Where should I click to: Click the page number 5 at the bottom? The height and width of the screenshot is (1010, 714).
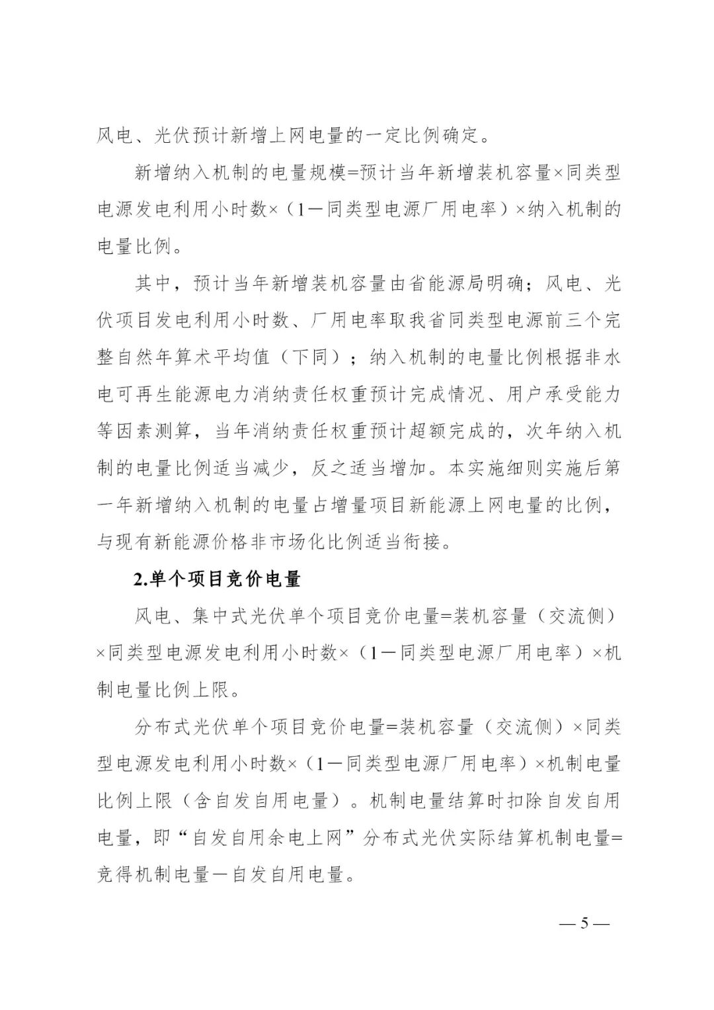tap(584, 923)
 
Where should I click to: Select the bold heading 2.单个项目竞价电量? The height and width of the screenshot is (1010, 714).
tap(218, 579)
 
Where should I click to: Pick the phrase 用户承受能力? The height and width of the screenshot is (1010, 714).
tap(563, 395)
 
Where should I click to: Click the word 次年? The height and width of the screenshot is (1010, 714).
tap(544, 432)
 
